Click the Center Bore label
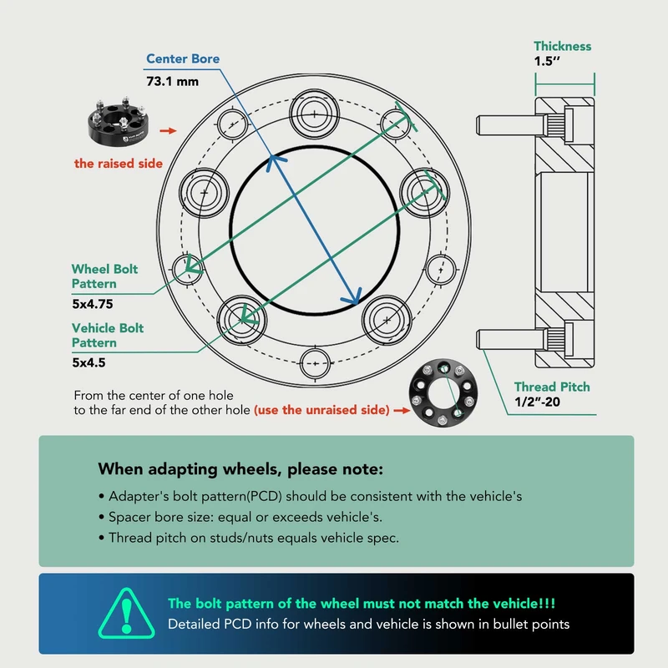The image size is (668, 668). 183,58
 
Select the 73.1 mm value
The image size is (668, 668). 173,81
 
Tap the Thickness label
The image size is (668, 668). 562,46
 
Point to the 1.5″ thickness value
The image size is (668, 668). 547,61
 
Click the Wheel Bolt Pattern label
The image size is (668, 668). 105,276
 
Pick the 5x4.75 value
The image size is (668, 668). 93,304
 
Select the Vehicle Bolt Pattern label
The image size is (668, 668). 108,336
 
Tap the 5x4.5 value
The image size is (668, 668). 89,362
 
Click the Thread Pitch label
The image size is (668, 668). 552,387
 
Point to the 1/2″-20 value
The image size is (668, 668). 537,402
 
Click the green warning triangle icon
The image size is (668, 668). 127,614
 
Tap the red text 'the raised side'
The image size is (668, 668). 119,164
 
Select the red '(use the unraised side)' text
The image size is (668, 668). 321,410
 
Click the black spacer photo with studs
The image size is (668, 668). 118,122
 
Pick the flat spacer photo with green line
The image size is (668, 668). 443,392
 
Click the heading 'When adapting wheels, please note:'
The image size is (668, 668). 240,469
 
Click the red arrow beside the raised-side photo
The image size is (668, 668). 169,131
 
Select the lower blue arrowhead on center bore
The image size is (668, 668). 353,296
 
